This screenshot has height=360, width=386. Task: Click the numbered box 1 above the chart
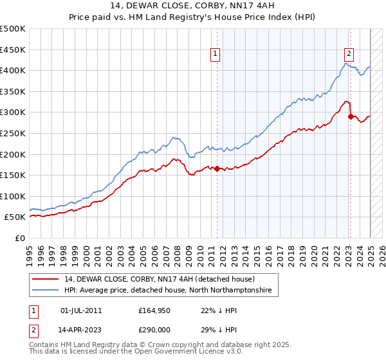[x=214, y=55]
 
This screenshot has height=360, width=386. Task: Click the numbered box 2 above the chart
[x=348, y=55]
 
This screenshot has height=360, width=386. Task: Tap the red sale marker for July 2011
[x=217, y=169]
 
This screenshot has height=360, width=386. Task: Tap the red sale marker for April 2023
[x=351, y=116]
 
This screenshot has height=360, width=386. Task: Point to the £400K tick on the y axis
[x=13, y=70]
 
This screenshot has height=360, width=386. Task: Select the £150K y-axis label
[x=13, y=175]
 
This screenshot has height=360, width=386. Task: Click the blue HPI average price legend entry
[x=167, y=291]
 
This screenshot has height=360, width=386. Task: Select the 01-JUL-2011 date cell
[x=81, y=310]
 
